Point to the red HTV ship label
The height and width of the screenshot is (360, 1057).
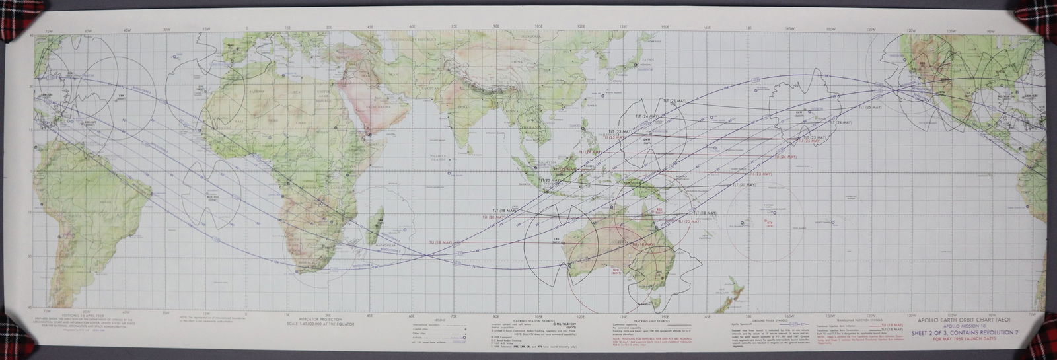(769, 223)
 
